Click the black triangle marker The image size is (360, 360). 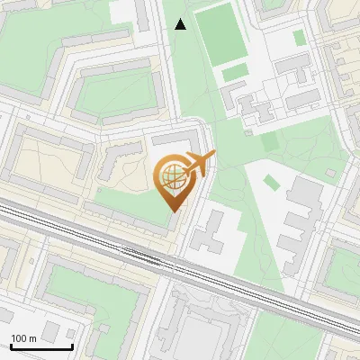click(x=180, y=24)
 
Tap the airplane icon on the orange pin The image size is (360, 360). click(x=199, y=164)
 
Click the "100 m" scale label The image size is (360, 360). click(x=23, y=338)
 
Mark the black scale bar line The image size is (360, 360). click(x=40, y=346)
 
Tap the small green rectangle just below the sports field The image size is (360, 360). click(x=235, y=71)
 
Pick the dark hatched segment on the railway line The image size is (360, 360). click(x=142, y=256)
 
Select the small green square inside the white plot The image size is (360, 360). click(x=271, y=183)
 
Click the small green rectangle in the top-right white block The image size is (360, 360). click(x=300, y=37)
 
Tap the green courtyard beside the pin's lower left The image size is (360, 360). click(x=126, y=202)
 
